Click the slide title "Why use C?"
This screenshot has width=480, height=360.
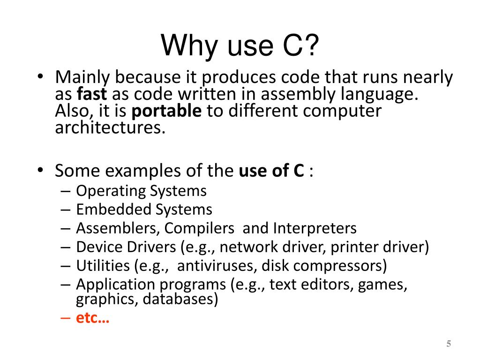[240, 46]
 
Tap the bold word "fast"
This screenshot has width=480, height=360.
[92, 94]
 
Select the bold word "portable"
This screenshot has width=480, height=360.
[167, 111]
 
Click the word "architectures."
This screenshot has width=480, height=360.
[110, 127]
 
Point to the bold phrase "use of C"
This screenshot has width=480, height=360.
[271, 171]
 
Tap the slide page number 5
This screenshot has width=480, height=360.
[449, 344]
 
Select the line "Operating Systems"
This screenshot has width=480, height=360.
[141, 191]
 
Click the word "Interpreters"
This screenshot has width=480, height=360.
[315, 228]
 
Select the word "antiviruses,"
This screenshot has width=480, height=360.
[216, 266]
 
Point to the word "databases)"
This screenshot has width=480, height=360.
[180, 299]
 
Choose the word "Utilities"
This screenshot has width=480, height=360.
[103, 266]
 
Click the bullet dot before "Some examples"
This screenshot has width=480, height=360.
[41, 171]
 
